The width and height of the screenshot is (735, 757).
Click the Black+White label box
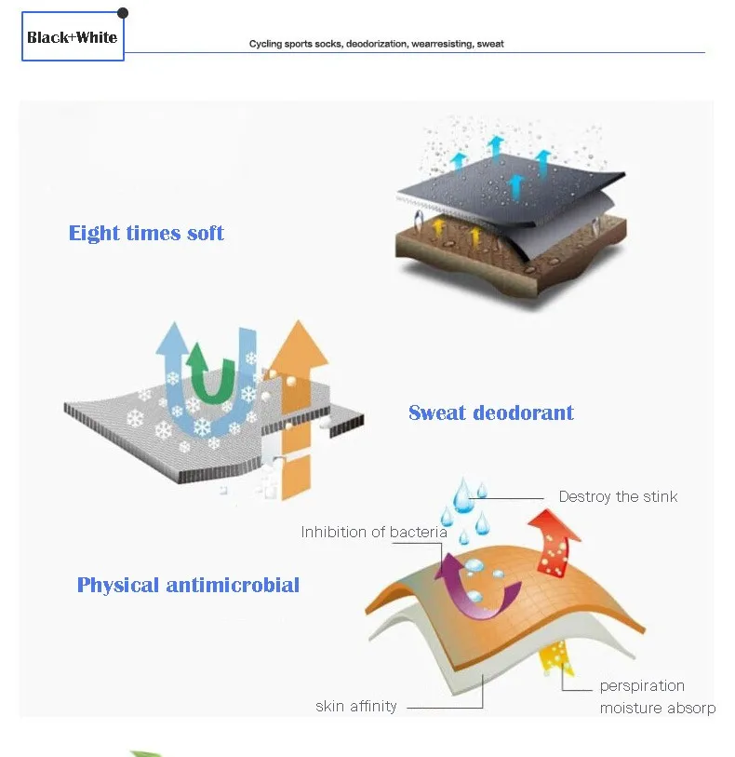tap(73, 36)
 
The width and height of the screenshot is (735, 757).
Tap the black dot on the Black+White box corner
tap(123, 13)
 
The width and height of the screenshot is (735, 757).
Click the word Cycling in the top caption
tap(265, 44)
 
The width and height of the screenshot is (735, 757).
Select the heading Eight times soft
tap(146, 233)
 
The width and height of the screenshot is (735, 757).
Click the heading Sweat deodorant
tap(491, 412)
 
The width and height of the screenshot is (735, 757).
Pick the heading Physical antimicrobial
tap(188, 585)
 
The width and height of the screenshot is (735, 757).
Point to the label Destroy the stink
tap(618, 496)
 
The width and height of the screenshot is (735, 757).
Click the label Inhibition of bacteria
tap(374, 532)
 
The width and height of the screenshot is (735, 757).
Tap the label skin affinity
tap(356, 706)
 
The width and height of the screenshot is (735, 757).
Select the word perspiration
tap(642, 686)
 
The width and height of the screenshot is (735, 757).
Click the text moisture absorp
tap(658, 709)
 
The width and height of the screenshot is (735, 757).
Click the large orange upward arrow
tap(297, 411)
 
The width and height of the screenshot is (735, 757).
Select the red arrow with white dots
tap(555, 543)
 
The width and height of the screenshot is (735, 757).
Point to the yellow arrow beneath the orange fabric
tap(555, 657)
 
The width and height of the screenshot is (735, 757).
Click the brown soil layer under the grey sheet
tap(511, 264)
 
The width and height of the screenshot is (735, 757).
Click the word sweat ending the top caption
tap(490, 44)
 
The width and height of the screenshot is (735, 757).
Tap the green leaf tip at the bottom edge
tap(145, 753)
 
